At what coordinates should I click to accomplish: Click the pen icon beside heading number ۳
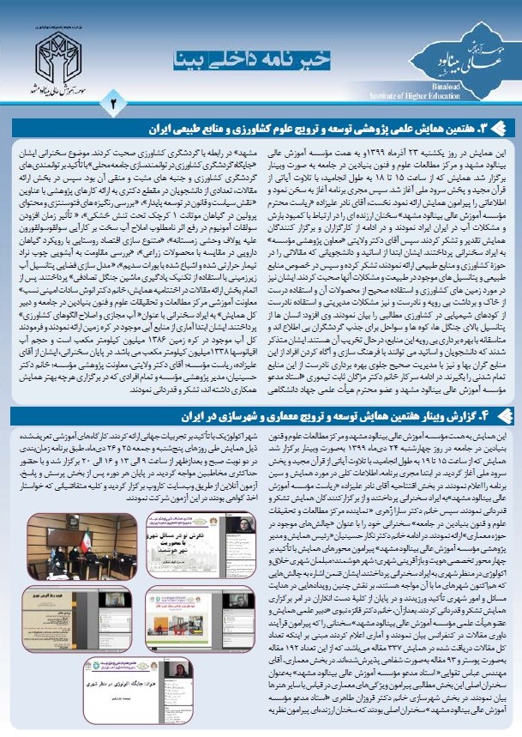tap(504, 128)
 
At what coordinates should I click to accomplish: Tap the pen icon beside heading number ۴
tap(504, 417)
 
